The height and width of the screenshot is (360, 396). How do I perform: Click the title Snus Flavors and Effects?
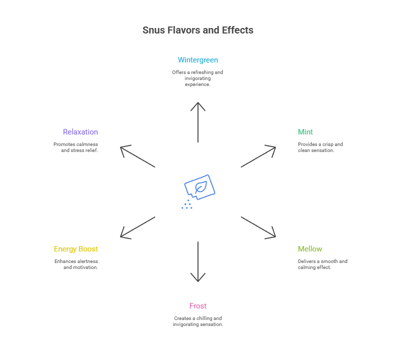pyautogui.click(x=197, y=30)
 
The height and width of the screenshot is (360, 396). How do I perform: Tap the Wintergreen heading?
pyautogui.click(x=198, y=60)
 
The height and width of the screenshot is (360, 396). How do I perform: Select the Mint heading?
pyautogui.click(x=305, y=132)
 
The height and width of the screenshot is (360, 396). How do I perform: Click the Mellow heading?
pyautogui.click(x=309, y=249)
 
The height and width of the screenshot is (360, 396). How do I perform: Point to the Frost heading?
pyautogui.click(x=198, y=306)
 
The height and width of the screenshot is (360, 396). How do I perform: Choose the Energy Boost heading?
pyautogui.click(x=75, y=249)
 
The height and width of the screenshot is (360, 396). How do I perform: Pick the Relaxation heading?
pyautogui.click(x=80, y=132)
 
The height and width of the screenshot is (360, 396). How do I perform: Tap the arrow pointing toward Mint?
pyautogui.click(x=258, y=156)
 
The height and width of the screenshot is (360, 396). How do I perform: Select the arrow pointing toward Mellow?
pyautogui.click(x=258, y=227)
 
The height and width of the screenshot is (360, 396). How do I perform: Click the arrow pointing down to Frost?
pyautogui.click(x=198, y=261)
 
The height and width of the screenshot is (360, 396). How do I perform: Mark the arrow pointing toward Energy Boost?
pyautogui.click(x=138, y=227)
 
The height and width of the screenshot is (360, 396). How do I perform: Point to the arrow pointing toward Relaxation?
pyautogui.click(x=138, y=156)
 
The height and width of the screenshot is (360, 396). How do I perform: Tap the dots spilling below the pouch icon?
pyautogui.click(x=187, y=205)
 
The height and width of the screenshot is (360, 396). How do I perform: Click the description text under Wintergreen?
pyautogui.click(x=197, y=78)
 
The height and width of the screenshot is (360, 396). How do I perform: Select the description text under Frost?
pyautogui.click(x=198, y=321)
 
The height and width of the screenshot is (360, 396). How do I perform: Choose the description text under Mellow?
pyautogui.click(x=322, y=264)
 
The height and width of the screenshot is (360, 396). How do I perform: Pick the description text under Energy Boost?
pyautogui.click(x=76, y=264)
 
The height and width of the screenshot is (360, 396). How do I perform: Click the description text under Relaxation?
pyautogui.click(x=76, y=147)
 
